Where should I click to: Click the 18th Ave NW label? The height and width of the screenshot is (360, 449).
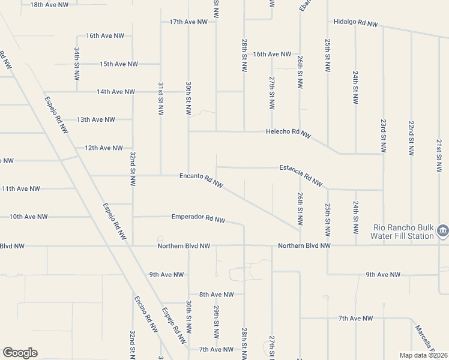[49, 4]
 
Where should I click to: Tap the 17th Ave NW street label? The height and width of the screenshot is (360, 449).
[188, 22]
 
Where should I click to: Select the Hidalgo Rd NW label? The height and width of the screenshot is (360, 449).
[356, 23]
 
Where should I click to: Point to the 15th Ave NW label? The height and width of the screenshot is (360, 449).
[119, 64]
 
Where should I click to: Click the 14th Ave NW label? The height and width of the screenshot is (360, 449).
[116, 92]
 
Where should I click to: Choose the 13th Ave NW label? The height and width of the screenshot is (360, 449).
[95, 119]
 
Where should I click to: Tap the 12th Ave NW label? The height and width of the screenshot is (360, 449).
[103, 148]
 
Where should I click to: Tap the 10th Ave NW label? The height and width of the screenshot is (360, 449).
[28, 217]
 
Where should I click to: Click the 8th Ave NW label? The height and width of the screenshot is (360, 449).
[217, 294]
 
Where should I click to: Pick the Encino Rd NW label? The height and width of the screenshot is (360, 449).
[145, 314]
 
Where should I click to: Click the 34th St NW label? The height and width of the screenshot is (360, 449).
[77, 64]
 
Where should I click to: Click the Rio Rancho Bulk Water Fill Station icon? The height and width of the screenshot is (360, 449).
[442, 230]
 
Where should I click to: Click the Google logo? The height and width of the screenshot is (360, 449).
[20, 353]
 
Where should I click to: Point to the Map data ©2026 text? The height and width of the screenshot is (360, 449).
[423, 355]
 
